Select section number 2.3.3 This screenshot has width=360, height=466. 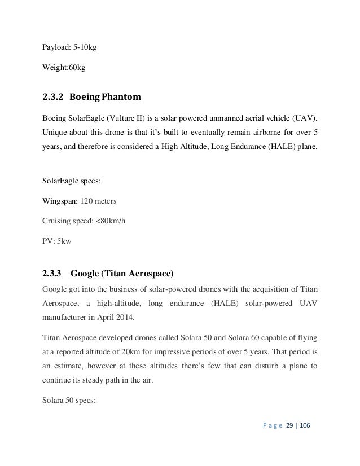tap(52, 275)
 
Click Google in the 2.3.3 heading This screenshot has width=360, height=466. tap(84, 275)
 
